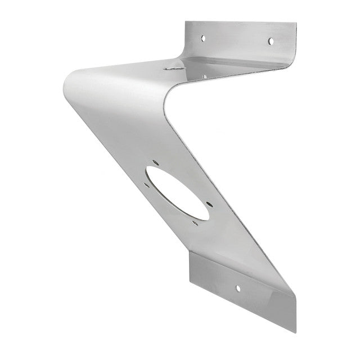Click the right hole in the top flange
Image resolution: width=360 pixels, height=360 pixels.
[x=271, y=41]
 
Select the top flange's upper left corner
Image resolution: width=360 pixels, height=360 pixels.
[x=187, y=22]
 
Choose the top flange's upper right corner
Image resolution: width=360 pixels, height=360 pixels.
[x=295, y=24]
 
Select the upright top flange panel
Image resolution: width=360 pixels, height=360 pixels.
[x=239, y=39]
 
